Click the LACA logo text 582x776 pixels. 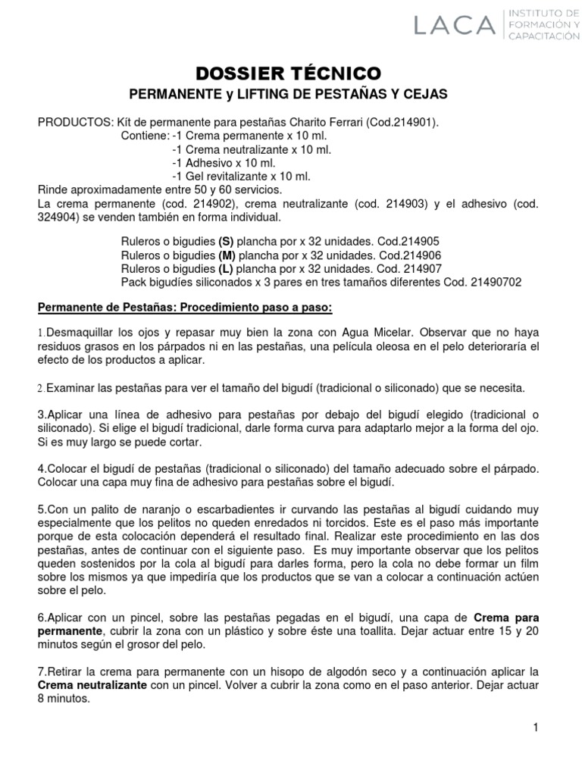(452, 27)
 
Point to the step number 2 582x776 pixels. (42, 388)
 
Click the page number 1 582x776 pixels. (535, 728)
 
